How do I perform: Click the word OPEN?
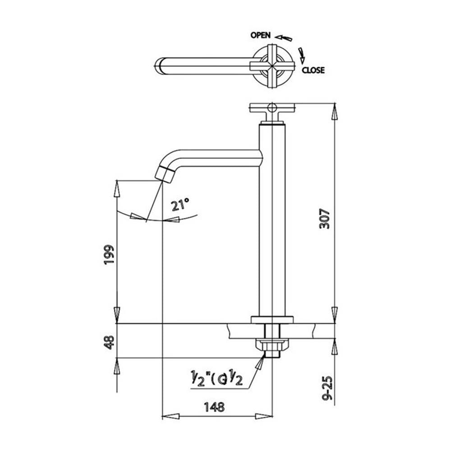pyautogui.click(x=261, y=35)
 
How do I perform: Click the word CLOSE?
pyautogui.click(x=313, y=70)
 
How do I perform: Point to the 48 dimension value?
pyautogui.click(x=110, y=342)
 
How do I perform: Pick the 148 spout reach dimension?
pyautogui.click(x=214, y=407)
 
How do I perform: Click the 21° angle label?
pyautogui.click(x=180, y=205)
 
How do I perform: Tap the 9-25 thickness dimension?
pyautogui.click(x=327, y=388)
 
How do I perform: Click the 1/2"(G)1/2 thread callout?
pyautogui.click(x=217, y=378)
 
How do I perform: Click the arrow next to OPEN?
pyautogui.click(x=283, y=38)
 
